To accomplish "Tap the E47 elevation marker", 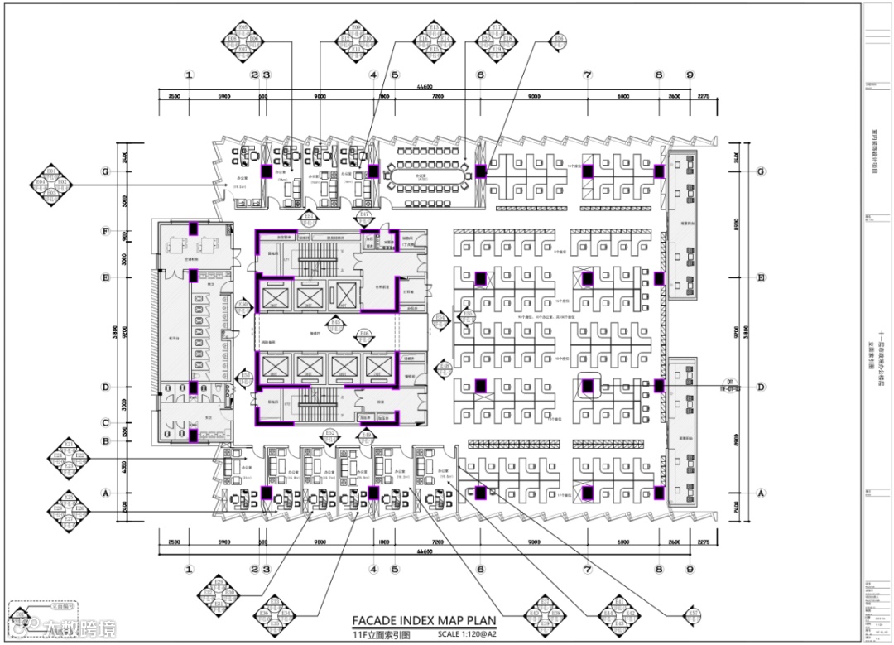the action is click(363, 218).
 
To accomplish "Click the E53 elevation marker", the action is click(243, 378).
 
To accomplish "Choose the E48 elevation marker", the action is click(445, 368).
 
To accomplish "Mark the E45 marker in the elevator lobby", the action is click(335, 322).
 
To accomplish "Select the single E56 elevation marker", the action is click(560, 39).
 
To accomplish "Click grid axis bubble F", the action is click(105, 232).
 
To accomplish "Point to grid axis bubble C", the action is click(105, 423).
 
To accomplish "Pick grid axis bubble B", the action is click(105, 441).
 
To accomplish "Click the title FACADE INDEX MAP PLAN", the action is click(424, 620).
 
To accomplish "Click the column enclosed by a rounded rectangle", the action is click(588, 386).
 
